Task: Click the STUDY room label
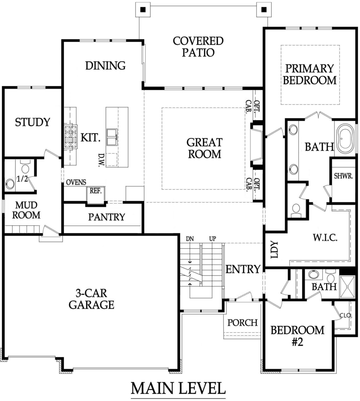pyautogui.click(x=33, y=122)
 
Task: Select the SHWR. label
pyautogui.click(x=344, y=176)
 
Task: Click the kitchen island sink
pyautogui.click(x=112, y=137)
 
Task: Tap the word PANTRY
pyautogui.click(x=107, y=217)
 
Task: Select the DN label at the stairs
pyautogui.click(x=190, y=239)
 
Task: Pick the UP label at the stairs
pyautogui.click(x=213, y=239)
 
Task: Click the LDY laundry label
pyautogui.click(x=274, y=249)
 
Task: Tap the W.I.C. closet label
pyautogui.click(x=325, y=238)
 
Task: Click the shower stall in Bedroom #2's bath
pyautogui.click(x=347, y=287)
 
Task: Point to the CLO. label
pyautogui.click(x=346, y=316)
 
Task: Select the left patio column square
pyautogui.click(x=143, y=10)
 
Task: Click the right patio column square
pyautogui.click(x=264, y=10)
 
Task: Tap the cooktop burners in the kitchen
pyautogui.click(x=71, y=137)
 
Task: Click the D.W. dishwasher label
pyautogui.click(x=101, y=160)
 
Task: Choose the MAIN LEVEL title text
pyautogui.click(x=178, y=388)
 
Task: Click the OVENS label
pyautogui.click(x=76, y=182)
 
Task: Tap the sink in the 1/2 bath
pyautogui.click(x=10, y=184)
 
